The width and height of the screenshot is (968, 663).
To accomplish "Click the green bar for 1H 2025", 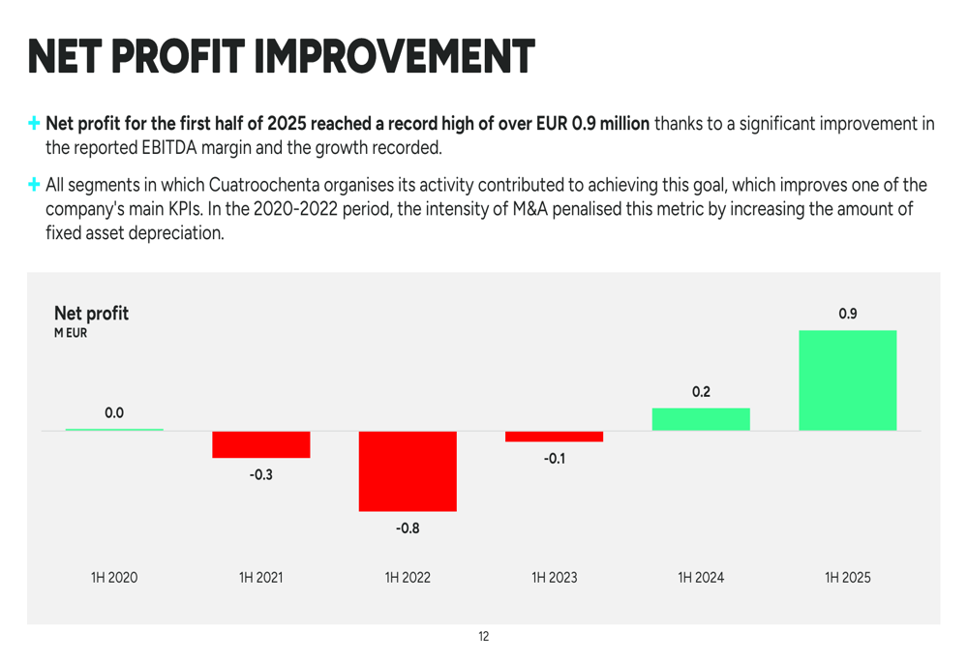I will [x=847, y=380].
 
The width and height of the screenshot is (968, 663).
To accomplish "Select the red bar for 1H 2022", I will [x=408, y=471].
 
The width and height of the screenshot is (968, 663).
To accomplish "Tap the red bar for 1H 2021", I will [x=261, y=444].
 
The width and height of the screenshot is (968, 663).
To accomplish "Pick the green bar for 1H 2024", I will [x=701, y=419].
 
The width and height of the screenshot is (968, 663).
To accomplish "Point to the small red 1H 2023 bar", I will [x=554, y=437].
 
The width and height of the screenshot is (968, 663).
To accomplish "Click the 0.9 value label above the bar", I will [x=847, y=314].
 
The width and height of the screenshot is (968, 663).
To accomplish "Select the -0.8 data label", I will [x=408, y=528].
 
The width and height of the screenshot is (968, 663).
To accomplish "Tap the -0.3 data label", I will [x=261, y=475].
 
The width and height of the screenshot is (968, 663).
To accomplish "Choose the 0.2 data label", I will [x=701, y=392].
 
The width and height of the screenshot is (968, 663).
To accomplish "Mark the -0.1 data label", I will [x=554, y=459].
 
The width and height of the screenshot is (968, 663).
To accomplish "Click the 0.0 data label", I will [x=114, y=413].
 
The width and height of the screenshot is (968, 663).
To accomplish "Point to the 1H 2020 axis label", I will [x=114, y=578].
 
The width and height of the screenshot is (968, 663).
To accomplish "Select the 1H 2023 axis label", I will [x=554, y=578].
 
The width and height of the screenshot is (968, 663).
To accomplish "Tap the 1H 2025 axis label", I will [x=847, y=578].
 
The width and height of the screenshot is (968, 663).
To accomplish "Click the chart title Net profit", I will [x=91, y=314].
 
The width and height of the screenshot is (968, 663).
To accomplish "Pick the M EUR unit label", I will [x=71, y=334].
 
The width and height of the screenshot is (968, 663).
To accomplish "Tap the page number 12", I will [x=484, y=637].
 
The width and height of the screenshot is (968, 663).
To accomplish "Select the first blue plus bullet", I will [x=35, y=124].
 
